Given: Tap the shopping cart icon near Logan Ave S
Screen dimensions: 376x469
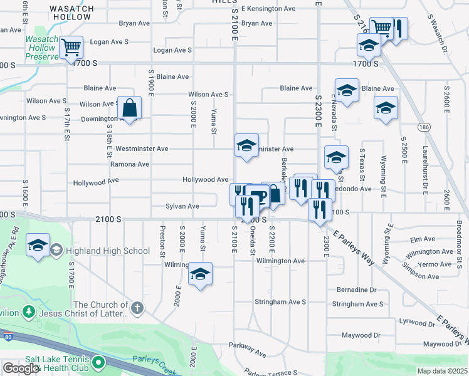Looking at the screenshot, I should (71, 46).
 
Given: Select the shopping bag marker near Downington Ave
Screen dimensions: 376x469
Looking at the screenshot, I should (129, 108).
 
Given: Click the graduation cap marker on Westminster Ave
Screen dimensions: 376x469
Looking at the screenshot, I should (246, 145).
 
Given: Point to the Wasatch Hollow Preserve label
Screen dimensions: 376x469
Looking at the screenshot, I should (41, 48).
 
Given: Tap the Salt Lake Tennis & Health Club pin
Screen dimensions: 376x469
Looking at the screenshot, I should (98, 362).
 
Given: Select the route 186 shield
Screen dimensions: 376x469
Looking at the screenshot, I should (424, 127).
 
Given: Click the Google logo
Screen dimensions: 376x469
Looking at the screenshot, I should (21, 368).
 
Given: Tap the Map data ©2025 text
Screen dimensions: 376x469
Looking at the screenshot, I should (442, 371).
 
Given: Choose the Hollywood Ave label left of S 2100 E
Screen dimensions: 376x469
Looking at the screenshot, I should (205, 180).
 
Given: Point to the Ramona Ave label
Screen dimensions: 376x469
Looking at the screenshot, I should (129, 164).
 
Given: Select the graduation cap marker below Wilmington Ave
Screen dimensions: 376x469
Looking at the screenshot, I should (200, 274).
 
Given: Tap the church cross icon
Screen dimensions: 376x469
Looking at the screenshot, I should (137, 308).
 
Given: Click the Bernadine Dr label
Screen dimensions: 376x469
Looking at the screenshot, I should (356, 290).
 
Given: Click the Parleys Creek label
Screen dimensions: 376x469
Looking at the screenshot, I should (153, 360).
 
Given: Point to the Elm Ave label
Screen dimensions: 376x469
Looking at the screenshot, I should (422, 239).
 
